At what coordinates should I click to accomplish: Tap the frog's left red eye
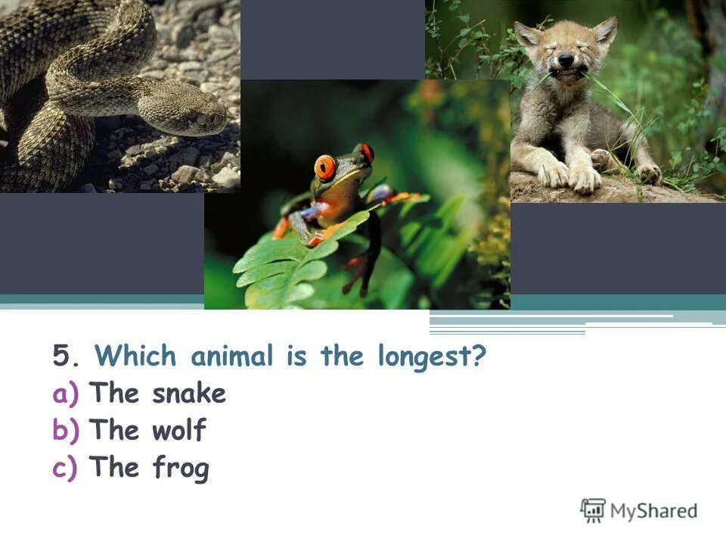coord(325,166)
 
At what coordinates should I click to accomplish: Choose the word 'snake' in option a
coord(189,394)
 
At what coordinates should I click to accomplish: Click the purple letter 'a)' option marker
coord(65,394)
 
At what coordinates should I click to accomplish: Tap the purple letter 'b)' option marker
coord(65,431)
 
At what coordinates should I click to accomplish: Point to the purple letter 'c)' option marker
coord(65,469)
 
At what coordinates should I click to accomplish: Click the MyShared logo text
coord(654,511)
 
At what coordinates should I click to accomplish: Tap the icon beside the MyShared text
coord(593,510)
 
